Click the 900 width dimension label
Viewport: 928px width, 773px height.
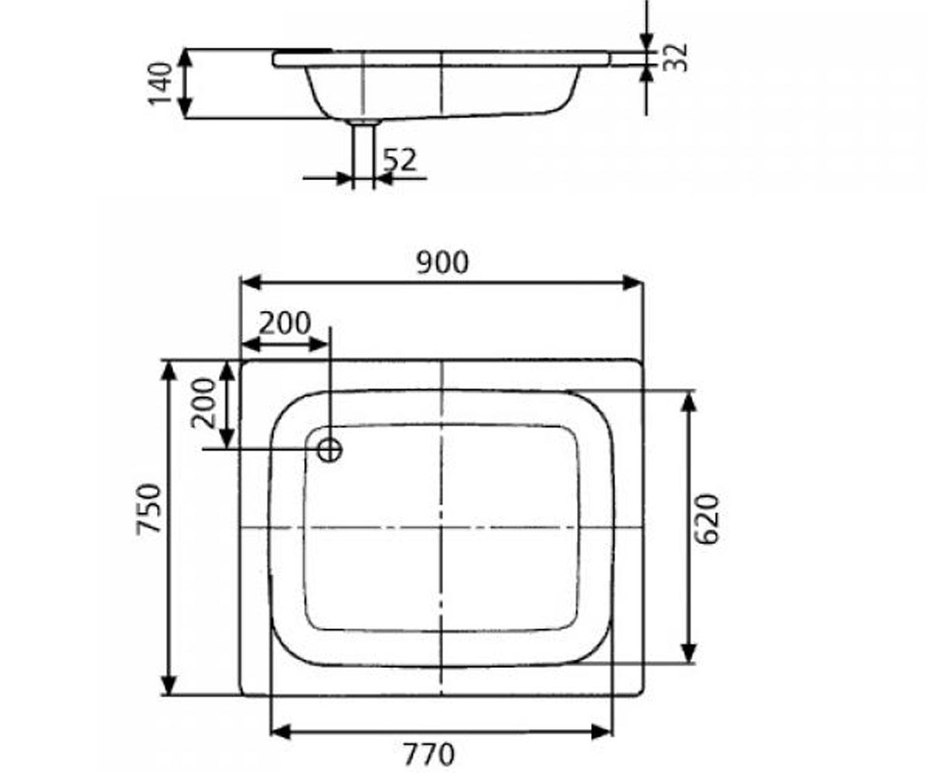(442, 263)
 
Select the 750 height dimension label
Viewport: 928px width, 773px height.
(148, 509)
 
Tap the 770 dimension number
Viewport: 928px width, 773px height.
(429, 754)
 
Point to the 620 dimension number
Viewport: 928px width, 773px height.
(707, 519)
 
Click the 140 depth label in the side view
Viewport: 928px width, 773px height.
(160, 83)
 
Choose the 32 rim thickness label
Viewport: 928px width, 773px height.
(675, 58)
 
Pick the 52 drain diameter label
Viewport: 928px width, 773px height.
(400, 160)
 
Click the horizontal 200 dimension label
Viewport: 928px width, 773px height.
(285, 323)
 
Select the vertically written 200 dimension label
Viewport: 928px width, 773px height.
(203, 403)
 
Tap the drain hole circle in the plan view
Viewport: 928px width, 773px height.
(329, 450)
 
